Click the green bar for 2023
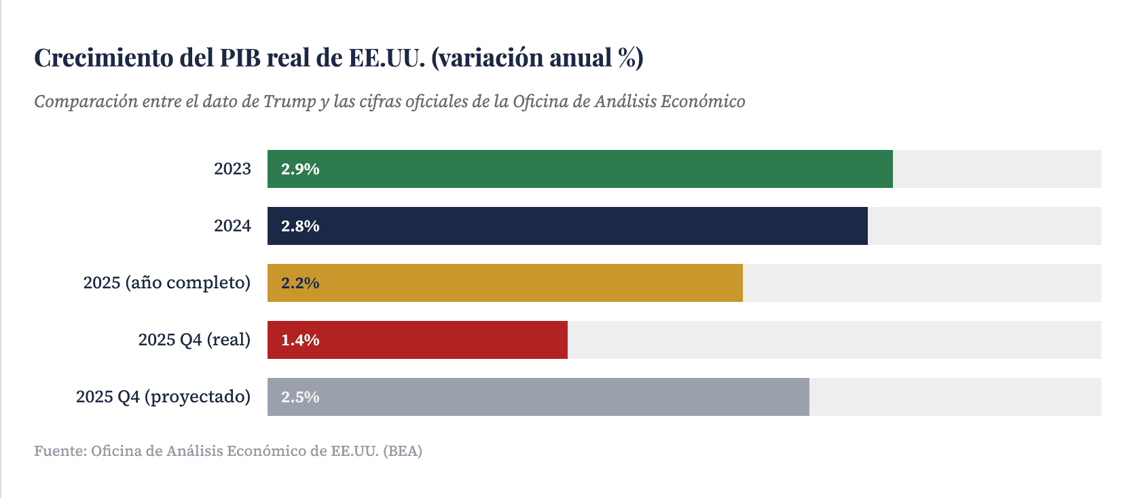(580, 169)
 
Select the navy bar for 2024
(568, 226)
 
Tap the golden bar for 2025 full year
(505, 283)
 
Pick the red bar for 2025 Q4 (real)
(418, 340)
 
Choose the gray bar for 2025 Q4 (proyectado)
(538, 397)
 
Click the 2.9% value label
(300, 169)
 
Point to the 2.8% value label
(300, 226)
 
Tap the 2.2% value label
(300, 283)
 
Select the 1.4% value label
(300, 340)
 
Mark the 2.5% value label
(300, 397)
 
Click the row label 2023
(232, 169)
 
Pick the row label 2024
(232, 226)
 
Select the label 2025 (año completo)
(166, 282)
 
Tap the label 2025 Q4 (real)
(194, 339)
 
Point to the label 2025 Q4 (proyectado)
(163, 396)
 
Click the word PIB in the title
(240, 58)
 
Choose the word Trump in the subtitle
(289, 102)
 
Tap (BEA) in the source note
(403, 451)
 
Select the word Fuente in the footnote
(59, 451)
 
